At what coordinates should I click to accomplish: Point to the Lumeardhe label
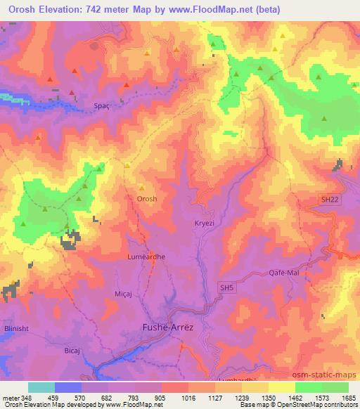tap(146, 257)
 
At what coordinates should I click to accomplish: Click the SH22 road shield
tap(330, 200)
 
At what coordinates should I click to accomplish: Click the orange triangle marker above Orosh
tap(141, 188)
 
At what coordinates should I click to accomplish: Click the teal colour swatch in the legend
tap(41, 387)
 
